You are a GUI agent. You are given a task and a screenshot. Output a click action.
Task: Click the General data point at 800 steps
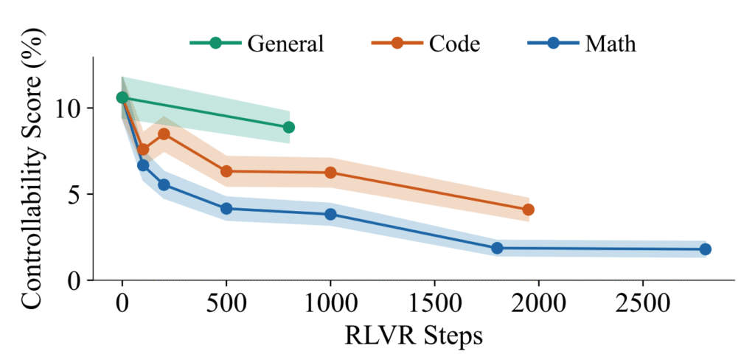point(288,128)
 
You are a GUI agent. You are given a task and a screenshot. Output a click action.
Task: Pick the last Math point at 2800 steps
point(705,249)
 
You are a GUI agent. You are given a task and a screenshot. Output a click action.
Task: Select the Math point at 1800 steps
point(497,248)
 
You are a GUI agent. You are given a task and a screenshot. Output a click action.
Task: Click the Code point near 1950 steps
point(528,210)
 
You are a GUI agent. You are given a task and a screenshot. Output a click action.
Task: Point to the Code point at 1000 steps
point(330,173)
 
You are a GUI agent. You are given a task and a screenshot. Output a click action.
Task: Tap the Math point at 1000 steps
point(330,214)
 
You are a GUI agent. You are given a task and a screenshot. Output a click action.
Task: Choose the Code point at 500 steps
point(226,171)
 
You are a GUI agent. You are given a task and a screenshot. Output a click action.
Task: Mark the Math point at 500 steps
point(226,209)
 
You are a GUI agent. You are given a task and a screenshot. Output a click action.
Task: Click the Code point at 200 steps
point(164,134)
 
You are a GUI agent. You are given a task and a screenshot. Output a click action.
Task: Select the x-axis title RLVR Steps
point(414,336)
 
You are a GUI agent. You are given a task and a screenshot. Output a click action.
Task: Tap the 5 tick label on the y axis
point(78,195)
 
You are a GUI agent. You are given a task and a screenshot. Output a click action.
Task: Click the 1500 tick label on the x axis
point(434,304)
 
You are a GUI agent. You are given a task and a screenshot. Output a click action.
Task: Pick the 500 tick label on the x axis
point(226,304)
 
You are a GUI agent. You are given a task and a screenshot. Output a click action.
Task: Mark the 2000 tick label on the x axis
point(538,304)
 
